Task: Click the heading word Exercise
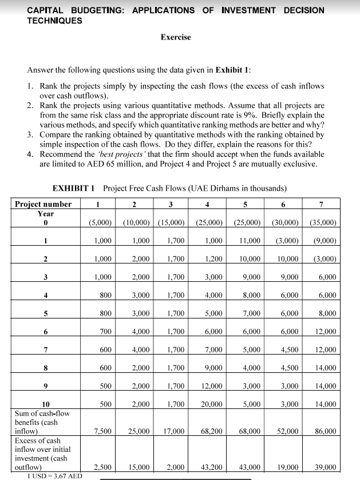tap(176, 37)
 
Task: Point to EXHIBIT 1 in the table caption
tap(75, 188)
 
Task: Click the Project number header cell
tap(43, 204)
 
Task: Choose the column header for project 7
tap(321, 204)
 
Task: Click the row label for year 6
tap(46, 332)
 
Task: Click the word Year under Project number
tap(46, 213)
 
